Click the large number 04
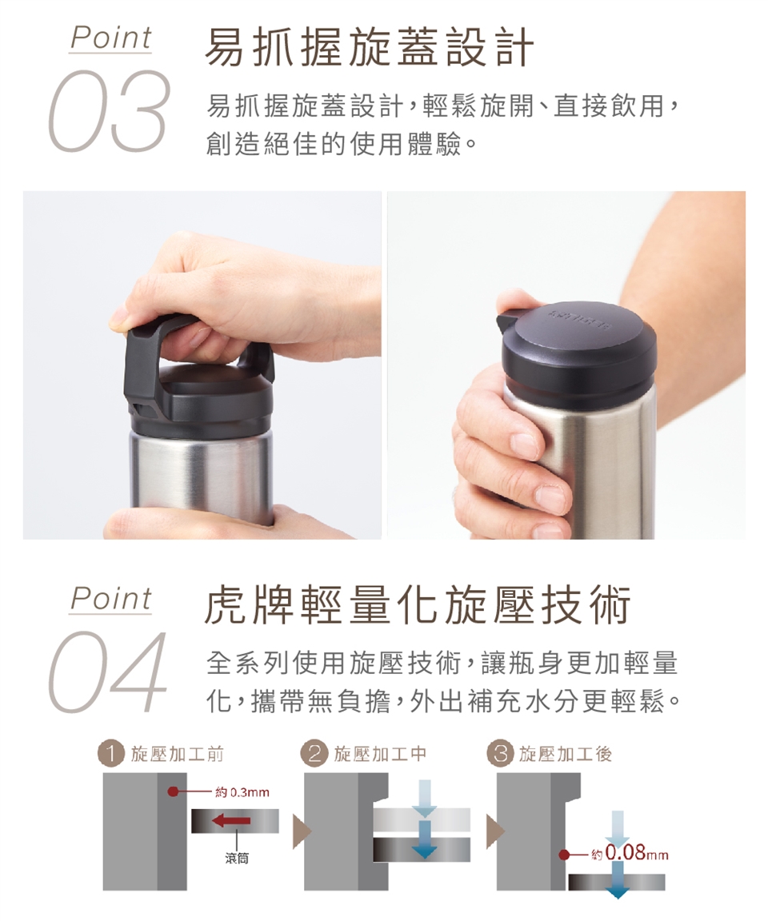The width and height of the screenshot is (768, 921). [x=107, y=672]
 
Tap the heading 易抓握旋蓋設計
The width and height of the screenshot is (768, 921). [x=370, y=47]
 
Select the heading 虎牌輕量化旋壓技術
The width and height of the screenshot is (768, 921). [x=417, y=604]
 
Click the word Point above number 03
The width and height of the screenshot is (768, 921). [x=110, y=38]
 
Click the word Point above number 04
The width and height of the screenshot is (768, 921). [x=110, y=599]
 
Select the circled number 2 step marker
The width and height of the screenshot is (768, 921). [x=314, y=754]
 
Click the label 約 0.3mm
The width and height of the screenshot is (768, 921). [x=242, y=792]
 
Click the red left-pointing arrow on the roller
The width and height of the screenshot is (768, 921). [x=231, y=820]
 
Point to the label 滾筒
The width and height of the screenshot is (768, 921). [x=236, y=858]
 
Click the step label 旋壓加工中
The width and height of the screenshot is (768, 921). [x=380, y=754]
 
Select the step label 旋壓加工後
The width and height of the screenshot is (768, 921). [x=566, y=754]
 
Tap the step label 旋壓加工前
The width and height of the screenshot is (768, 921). [x=177, y=754]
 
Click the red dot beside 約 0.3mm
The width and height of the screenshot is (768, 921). [x=172, y=791]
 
